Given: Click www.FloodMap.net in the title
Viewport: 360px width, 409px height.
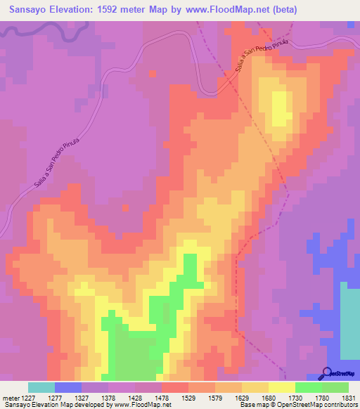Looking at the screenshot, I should (217, 10).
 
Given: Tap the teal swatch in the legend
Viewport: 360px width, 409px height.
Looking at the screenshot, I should (41, 387).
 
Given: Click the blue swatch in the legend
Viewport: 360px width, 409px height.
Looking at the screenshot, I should (68, 387).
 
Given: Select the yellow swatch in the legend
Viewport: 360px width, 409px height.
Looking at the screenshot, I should (281, 387).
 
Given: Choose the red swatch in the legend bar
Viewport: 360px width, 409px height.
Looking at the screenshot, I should (174, 387).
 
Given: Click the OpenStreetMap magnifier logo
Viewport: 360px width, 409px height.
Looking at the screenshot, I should (327, 372).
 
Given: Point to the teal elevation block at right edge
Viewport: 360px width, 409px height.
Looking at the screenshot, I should (349, 320).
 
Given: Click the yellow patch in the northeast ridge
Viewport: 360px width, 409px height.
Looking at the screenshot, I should (280, 105).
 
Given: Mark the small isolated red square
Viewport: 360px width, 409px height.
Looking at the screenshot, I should (125, 209).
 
